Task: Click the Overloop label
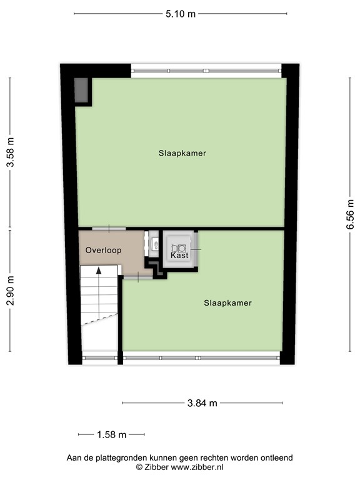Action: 103,250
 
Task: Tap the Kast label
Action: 179,256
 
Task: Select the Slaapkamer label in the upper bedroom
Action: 182,152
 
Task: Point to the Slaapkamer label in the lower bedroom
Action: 227,303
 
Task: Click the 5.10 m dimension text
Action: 181,13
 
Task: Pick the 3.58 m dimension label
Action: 10,152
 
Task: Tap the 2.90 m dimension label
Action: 10,291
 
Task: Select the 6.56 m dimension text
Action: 350,215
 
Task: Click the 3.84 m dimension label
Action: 202,403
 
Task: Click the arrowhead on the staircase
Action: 98,270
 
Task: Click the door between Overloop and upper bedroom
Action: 109,229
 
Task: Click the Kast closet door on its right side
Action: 197,249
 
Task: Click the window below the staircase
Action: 100,358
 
